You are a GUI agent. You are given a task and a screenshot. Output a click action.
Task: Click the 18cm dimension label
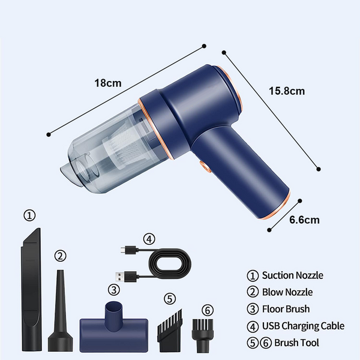[108, 83]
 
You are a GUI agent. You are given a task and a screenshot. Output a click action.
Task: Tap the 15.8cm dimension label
[287, 91]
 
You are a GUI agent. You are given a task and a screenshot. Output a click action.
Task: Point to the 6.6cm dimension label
[304, 220]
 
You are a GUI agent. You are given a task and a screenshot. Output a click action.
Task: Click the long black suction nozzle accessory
[31, 289]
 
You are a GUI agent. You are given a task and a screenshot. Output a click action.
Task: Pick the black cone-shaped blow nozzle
[61, 310]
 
